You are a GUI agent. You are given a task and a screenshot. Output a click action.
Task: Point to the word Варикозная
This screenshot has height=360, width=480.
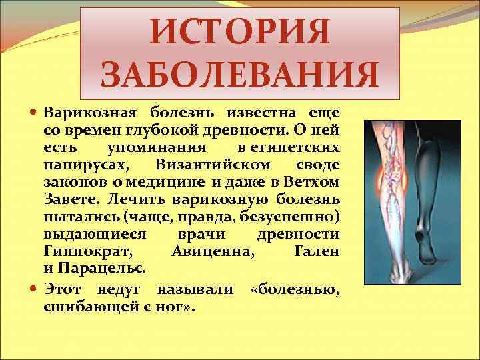90,110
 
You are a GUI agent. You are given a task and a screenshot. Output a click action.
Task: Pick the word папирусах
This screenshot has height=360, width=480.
80,164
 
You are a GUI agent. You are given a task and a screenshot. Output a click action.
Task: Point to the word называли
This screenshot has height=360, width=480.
195,290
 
